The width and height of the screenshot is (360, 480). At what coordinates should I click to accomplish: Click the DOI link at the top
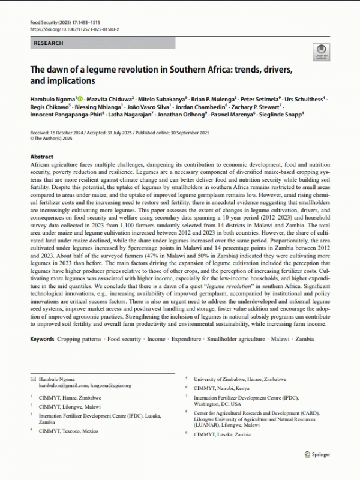74,28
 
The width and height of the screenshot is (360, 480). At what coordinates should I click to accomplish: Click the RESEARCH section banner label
47,43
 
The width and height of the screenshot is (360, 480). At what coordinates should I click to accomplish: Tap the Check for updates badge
320,52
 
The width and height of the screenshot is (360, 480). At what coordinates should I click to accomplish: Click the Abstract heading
41,156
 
